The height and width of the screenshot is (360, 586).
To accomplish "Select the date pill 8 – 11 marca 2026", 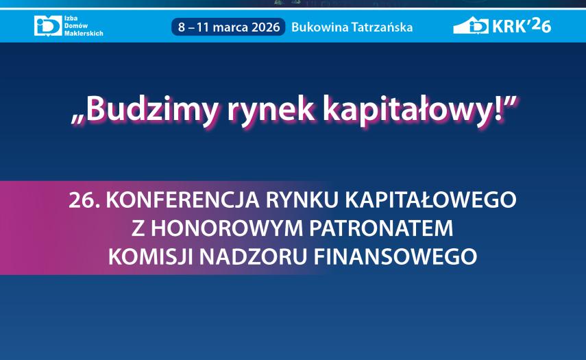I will tap(228, 27).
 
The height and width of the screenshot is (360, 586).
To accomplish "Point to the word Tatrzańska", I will tap(379, 27).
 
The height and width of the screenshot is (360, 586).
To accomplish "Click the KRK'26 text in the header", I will tap(522, 26).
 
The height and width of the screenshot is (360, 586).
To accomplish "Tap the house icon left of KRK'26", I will tap(471, 26).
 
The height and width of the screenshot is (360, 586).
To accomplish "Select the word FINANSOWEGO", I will tap(395, 256).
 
